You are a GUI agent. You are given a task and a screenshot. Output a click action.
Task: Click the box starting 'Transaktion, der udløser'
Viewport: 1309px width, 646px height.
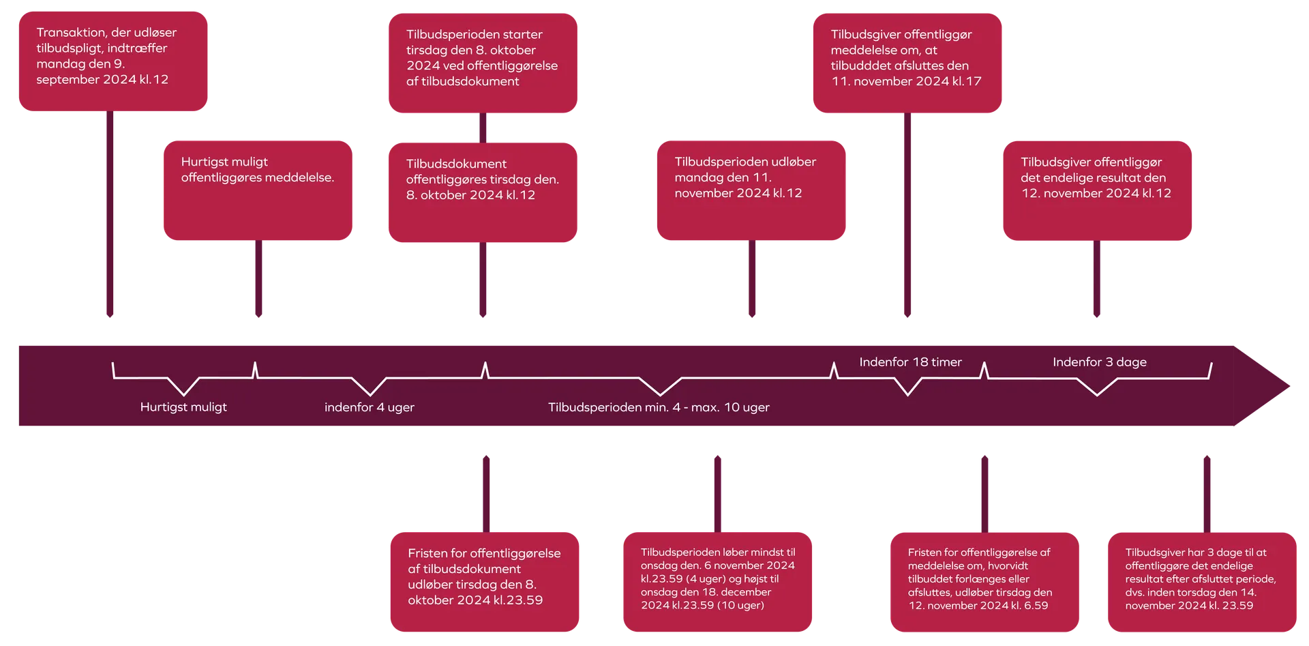click(112, 61)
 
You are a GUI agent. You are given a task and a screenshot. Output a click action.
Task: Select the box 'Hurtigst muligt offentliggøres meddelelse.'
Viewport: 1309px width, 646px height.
click(258, 190)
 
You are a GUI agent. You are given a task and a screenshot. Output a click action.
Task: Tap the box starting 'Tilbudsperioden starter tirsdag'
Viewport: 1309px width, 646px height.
click(483, 62)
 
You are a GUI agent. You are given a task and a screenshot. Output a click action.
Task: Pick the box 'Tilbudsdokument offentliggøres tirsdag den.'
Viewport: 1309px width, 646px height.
click(483, 192)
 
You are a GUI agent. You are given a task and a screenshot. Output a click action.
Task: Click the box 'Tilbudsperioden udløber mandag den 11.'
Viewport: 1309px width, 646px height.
click(751, 190)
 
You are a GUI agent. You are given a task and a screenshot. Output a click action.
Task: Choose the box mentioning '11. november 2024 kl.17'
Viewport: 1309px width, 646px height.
click(907, 62)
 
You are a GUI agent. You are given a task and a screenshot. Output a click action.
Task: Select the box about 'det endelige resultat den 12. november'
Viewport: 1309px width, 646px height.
click(1096, 191)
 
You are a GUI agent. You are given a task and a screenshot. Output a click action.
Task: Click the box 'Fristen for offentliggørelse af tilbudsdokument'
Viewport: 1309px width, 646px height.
click(484, 582)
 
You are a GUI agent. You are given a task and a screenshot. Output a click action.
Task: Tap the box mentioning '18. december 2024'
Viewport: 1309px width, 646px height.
click(718, 582)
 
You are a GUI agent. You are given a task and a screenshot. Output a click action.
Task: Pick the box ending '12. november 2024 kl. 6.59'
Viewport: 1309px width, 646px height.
click(984, 582)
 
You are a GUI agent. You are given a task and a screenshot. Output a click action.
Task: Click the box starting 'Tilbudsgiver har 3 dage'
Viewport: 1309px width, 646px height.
click(1201, 582)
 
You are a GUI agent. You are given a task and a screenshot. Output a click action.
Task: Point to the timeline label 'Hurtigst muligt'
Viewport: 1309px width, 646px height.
click(183, 407)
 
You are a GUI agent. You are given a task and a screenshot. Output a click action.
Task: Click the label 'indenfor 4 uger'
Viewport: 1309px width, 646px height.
click(370, 407)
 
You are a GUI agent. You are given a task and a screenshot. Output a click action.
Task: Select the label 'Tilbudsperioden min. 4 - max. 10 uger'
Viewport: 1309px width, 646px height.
click(659, 407)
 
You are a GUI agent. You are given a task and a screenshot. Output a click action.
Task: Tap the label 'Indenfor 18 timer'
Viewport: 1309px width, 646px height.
click(910, 362)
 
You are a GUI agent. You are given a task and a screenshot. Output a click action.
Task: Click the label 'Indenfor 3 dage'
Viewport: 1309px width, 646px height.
click(1099, 362)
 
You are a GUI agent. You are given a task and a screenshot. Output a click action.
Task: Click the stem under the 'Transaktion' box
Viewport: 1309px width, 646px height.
click(110, 215)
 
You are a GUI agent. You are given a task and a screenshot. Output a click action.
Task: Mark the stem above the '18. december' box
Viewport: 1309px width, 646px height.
click(717, 493)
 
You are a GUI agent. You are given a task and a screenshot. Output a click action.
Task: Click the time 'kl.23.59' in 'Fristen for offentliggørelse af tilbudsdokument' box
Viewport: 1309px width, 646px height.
click(518, 600)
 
